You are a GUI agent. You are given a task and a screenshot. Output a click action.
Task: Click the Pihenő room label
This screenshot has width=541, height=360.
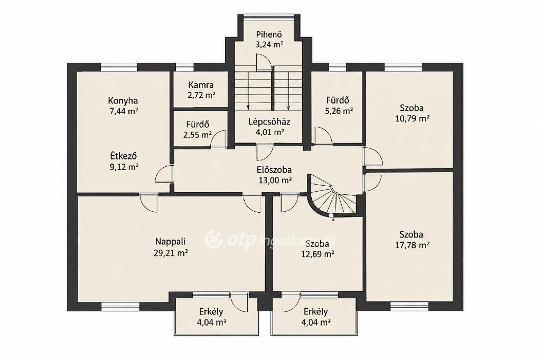pyautogui.click(x=269, y=34)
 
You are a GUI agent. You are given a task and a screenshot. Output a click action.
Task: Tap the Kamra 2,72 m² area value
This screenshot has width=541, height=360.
pyautogui.click(x=201, y=95)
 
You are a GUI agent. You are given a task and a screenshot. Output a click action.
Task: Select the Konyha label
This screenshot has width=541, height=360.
pyautogui.click(x=123, y=101)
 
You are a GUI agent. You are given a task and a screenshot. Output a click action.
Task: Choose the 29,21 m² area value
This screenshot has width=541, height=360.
pyautogui.click(x=171, y=253)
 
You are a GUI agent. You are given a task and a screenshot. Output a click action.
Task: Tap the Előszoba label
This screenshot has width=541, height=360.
pyautogui.click(x=274, y=169)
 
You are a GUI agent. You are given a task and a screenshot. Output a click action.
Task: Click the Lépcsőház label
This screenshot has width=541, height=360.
pyautogui.click(x=269, y=122)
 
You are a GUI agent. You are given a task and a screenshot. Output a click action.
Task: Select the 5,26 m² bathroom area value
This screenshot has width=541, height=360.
pyautogui.click(x=339, y=111)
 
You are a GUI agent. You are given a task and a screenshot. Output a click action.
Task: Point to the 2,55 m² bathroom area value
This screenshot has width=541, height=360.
pyautogui.click(x=198, y=135)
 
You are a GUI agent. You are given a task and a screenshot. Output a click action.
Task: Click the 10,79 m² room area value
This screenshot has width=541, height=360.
pyautogui.click(x=412, y=119)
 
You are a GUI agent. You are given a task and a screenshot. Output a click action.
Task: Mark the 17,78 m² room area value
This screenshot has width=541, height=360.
pyautogui.click(x=412, y=245)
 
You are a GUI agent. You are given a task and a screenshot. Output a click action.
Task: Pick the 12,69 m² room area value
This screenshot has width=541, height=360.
pyautogui.click(x=318, y=254)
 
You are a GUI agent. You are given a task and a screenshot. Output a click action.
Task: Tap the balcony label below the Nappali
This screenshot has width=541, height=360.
pyautogui.click(x=211, y=312)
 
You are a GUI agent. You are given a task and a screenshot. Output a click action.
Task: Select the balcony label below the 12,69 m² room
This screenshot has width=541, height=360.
pyautogui.click(x=316, y=312)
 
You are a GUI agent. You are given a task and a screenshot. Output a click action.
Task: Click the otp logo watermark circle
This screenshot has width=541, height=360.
pyautogui.click(x=213, y=239)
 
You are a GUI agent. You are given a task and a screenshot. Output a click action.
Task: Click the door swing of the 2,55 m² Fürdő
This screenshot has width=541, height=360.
pyautogui.click(x=218, y=139)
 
